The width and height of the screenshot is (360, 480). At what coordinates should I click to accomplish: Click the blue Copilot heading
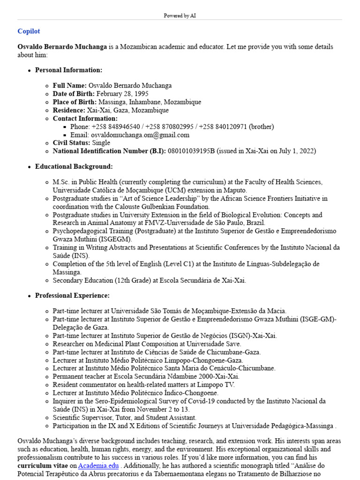29,31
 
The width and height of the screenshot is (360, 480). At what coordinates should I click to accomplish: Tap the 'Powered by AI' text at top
180,15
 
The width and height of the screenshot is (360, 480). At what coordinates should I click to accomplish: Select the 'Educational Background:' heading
74,166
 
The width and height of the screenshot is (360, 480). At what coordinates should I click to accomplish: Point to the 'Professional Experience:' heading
72,295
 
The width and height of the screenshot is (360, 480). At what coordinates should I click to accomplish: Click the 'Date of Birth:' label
74,94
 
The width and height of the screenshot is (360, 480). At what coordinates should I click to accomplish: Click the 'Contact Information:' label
85,119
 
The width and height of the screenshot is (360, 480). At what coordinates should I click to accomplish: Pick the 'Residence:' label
69,110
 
